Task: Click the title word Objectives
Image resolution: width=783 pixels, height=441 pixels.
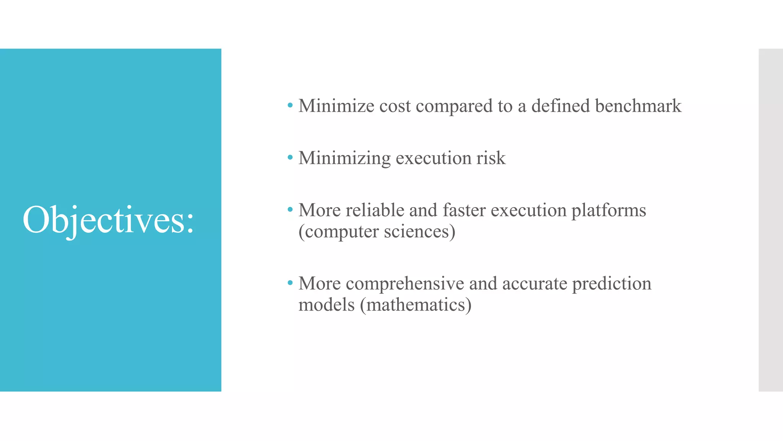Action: (x=108, y=220)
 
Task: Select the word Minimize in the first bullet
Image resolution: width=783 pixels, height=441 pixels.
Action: (x=336, y=106)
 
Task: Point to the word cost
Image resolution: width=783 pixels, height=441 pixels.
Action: (x=395, y=106)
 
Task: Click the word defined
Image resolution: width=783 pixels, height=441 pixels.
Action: (x=560, y=106)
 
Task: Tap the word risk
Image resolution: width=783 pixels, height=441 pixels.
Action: (x=491, y=158)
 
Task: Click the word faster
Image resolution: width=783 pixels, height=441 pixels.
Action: (x=464, y=210)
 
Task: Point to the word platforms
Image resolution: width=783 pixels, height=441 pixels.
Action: (x=609, y=211)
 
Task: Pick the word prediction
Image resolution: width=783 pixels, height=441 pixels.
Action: (x=612, y=284)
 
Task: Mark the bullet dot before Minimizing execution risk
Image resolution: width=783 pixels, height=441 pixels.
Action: (x=290, y=157)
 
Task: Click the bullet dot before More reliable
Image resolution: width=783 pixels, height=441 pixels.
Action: (x=290, y=209)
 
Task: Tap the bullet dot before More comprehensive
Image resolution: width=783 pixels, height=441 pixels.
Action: (x=290, y=283)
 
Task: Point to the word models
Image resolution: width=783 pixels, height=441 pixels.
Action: (x=327, y=305)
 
